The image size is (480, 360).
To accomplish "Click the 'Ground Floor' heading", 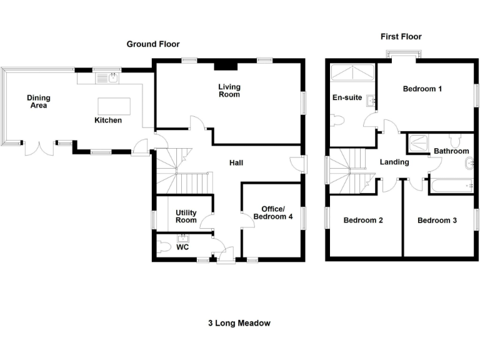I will click(153, 44).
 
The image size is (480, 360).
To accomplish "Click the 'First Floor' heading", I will click(403, 37).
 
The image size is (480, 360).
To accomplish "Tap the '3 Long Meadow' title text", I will click(239, 323).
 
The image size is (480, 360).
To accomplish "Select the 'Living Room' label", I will click(229, 91).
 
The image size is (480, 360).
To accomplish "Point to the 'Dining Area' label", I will click(38, 101).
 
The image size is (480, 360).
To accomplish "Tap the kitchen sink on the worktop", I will click(112, 79).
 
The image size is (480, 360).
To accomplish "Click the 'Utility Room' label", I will click(186, 216).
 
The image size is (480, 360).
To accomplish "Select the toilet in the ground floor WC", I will click(164, 247).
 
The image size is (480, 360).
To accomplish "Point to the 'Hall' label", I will click(236, 163).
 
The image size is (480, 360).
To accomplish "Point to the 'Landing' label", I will click(394, 162).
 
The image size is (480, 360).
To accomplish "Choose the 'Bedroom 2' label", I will click(362, 221).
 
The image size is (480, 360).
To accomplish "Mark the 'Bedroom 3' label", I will click(437, 221).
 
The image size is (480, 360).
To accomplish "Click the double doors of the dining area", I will click(38, 149).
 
